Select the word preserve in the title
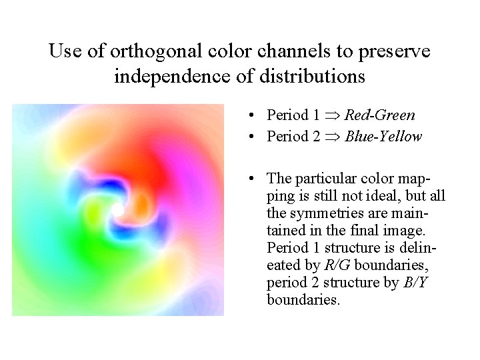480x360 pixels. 393,51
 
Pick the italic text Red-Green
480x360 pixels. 380,115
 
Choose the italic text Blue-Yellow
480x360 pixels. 383,137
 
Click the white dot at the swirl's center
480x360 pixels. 118,210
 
